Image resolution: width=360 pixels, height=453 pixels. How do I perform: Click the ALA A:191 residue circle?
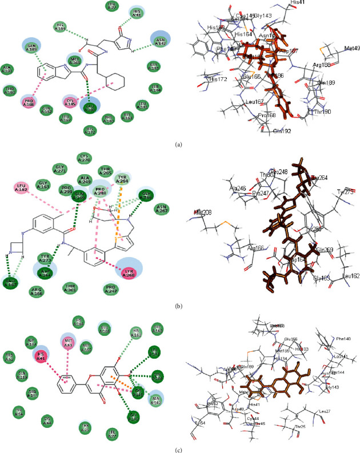pyautogui.click(x=7, y=70)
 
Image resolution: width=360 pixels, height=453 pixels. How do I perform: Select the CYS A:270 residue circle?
pyautogui.click(x=85, y=157)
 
